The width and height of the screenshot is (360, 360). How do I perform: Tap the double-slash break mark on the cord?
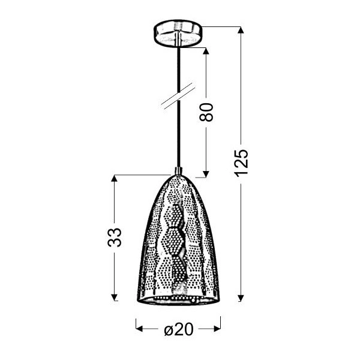coord(178,97)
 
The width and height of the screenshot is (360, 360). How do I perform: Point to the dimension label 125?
coord(241,163)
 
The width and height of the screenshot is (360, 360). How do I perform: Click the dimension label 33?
coord(115,237)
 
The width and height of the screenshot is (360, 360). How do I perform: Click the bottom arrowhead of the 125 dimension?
coord(241,296)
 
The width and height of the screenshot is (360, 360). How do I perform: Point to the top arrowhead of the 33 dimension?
coord(115,179)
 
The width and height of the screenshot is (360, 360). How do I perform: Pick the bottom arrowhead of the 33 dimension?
coord(115,296)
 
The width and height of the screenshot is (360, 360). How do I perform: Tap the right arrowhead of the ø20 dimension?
coord(218,329)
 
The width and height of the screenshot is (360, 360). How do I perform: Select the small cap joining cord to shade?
coord(178,170)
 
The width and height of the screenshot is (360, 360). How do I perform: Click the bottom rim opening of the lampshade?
coord(178,298)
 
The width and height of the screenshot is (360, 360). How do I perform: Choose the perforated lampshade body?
coord(178,240)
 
